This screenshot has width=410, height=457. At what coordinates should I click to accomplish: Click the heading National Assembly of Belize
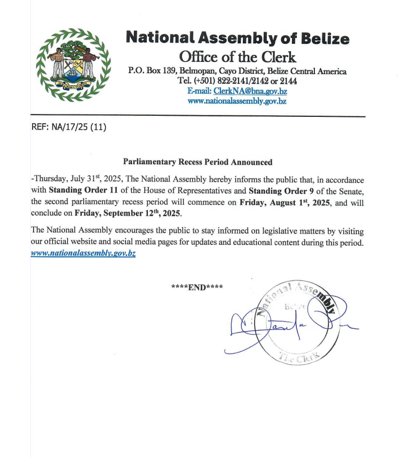(x=238, y=38)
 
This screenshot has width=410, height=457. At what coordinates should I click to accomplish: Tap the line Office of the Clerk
(x=238, y=57)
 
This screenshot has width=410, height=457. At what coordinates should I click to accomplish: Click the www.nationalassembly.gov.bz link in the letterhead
(x=237, y=101)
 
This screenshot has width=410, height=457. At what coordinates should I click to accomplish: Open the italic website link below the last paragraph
(x=83, y=254)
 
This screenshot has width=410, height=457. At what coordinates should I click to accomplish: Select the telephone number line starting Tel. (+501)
(x=238, y=81)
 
